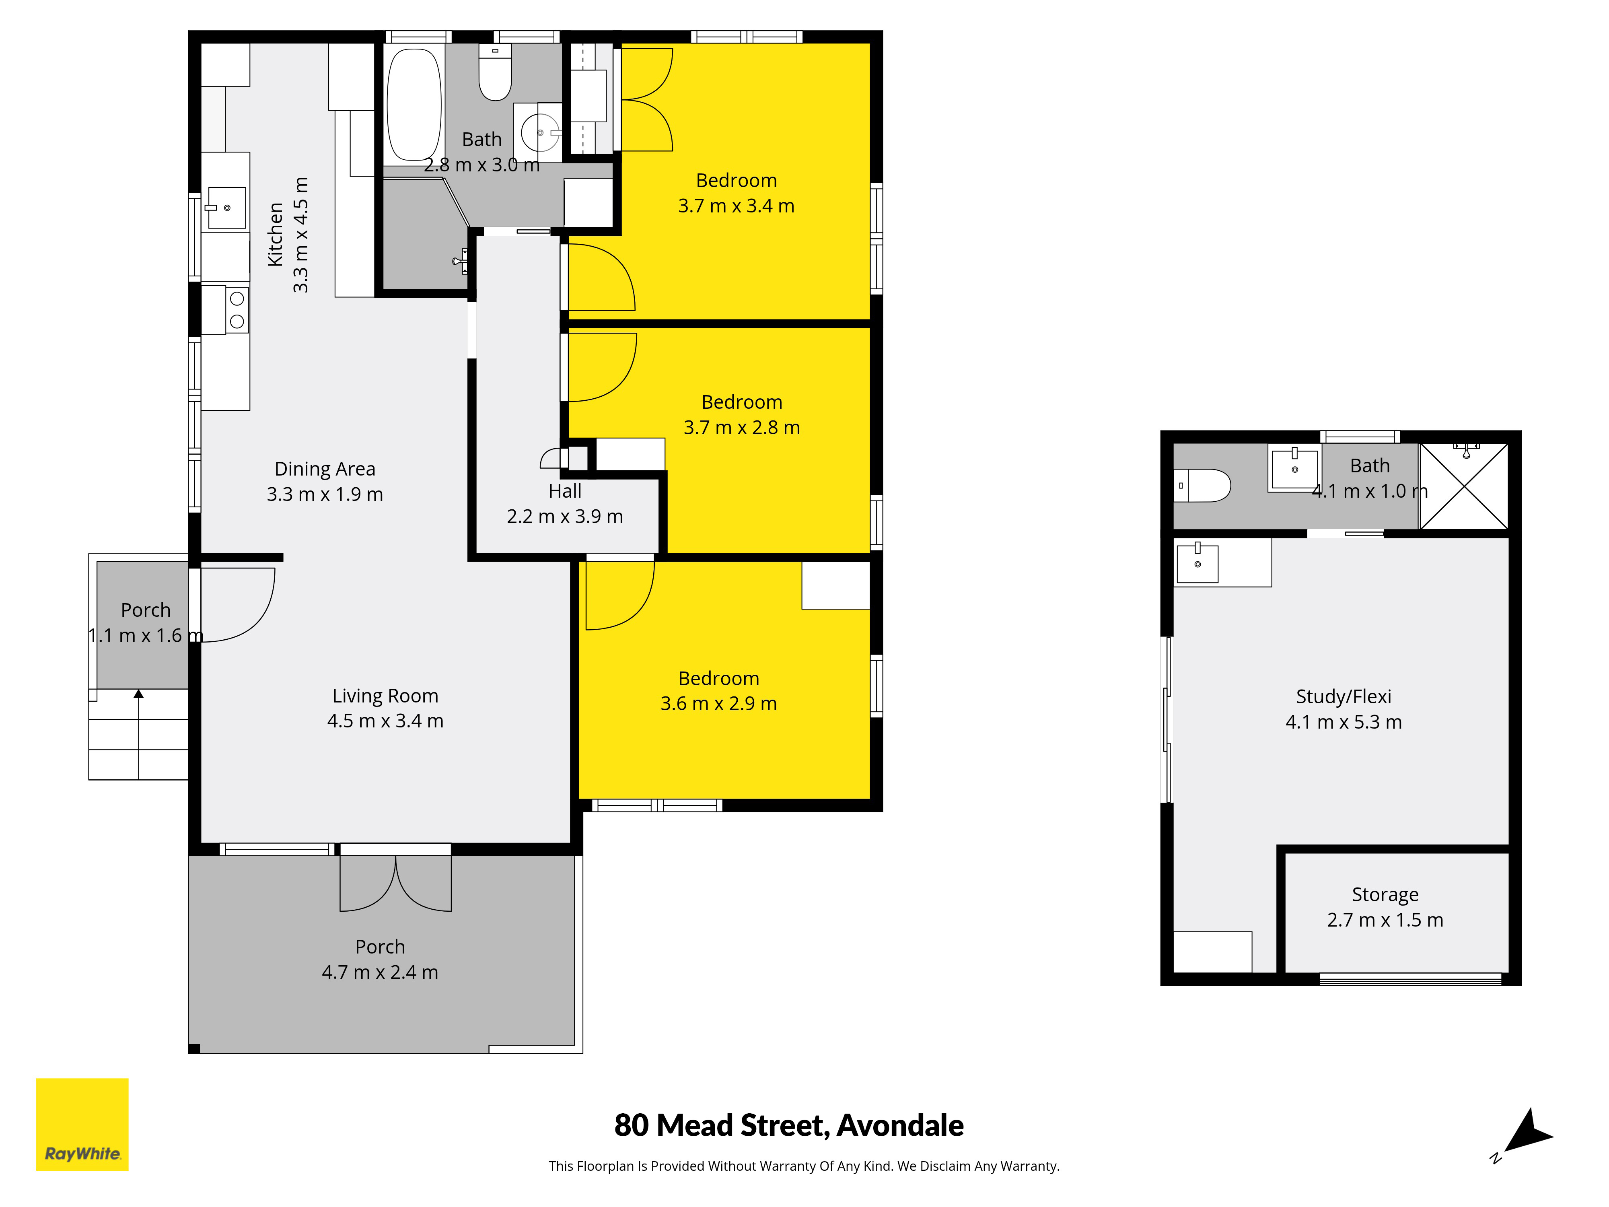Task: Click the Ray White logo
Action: [x=82, y=1124]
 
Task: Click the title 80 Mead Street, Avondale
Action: [x=789, y=1125]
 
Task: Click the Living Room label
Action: [x=385, y=696]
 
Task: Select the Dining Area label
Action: [x=325, y=469]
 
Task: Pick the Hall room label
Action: [x=565, y=491]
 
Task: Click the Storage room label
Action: [x=1385, y=895]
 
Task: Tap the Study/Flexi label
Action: [x=1344, y=697]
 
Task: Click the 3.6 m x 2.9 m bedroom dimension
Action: [x=719, y=704]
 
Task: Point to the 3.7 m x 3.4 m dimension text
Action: [x=736, y=206]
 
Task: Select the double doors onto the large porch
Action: [x=396, y=882]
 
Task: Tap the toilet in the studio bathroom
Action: [x=1202, y=485]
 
